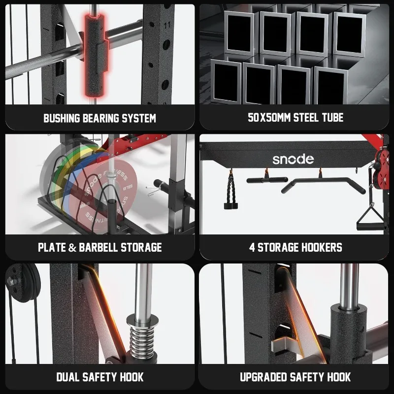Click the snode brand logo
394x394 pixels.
[293, 159]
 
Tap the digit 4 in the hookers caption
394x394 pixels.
[252, 247]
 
